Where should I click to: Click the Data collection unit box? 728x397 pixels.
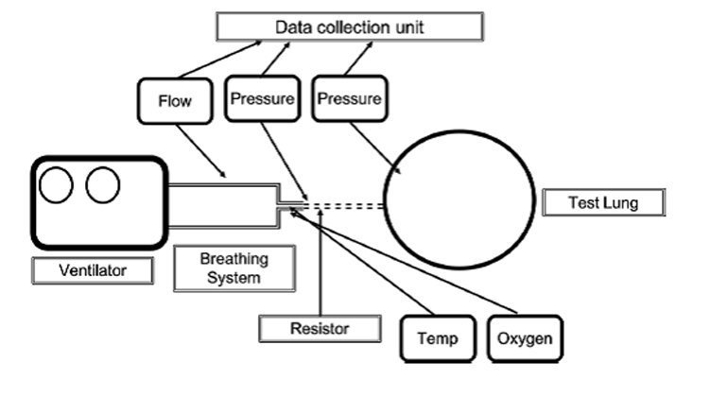(x=350, y=26)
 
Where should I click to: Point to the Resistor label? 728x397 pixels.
(x=321, y=329)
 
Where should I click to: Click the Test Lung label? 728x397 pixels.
(x=603, y=202)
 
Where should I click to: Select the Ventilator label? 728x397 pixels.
(x=92, y=271)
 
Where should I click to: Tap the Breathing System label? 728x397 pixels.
(x=234, y=268)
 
